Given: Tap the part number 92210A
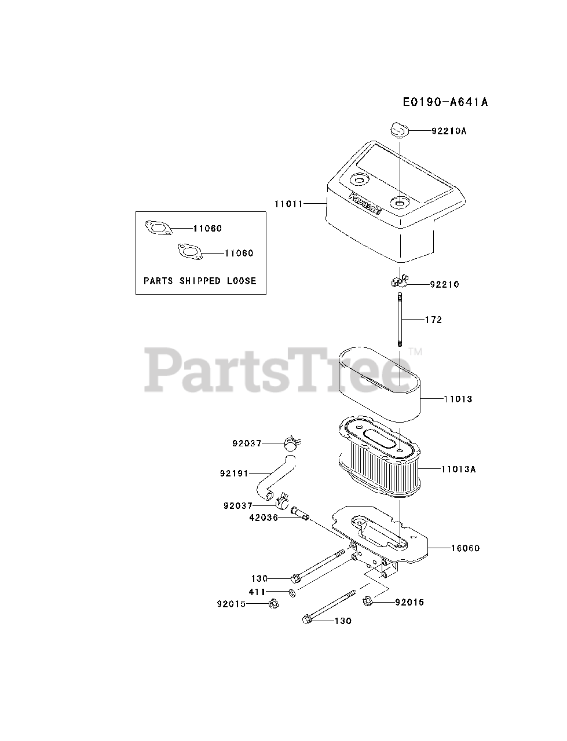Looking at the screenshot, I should [449, 131].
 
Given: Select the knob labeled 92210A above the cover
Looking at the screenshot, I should [397, 130].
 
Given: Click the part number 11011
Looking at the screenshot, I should [288, 203].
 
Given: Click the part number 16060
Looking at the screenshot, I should [465, 548].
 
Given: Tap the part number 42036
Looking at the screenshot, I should [264, 518].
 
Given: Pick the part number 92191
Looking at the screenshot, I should [234, 474].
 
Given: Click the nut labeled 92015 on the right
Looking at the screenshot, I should [368, 602].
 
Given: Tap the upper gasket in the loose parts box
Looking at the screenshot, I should [158, 228].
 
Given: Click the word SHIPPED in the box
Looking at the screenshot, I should [199, 281].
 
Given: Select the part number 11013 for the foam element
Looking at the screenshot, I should [458, 399].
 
